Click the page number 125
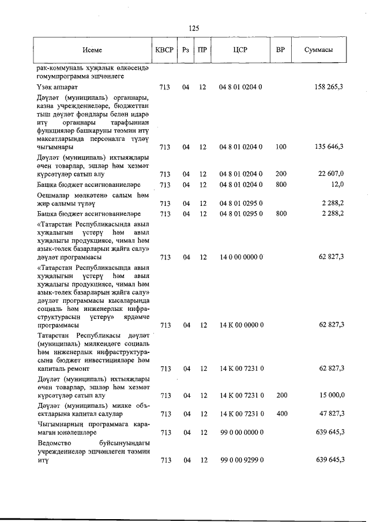point(194,28)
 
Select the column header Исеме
point(92,50)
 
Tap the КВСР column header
point(164,50)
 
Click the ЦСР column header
point(240,50)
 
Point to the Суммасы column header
point(318,50)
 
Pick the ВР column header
point(281,50)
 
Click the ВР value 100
point(281,147)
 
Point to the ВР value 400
point(281,414)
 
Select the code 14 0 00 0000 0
point(242,257)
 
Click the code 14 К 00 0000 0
point(242,325)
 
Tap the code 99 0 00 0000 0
point(242,432)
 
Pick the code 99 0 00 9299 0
point(242,460)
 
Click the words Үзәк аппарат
point(56,87)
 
